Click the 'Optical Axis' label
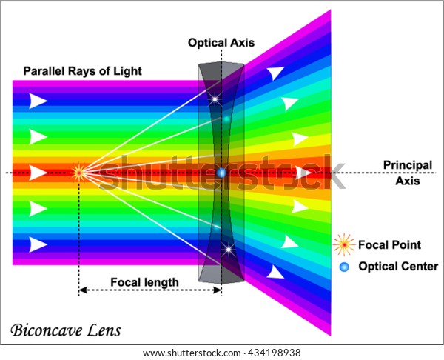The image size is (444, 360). coord(221,43)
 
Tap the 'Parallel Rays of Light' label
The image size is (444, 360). coord(82,71)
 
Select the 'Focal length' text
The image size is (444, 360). coord(144,282)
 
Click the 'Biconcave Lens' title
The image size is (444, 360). coord(66,330)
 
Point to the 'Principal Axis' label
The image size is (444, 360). coord(408,173)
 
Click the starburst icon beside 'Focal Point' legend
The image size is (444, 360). coord(344,244)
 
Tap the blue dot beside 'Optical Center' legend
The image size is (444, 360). coord(344,267)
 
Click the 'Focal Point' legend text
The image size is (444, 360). coord(389,245)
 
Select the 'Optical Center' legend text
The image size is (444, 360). coord(398,267)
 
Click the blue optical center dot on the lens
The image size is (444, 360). coord(221,173)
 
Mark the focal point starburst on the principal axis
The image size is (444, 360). coord(79,173)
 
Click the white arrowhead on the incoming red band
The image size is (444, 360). coord(38,173)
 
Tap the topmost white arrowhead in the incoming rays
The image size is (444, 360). coord(38,101)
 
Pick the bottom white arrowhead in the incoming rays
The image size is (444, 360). coord(38,244)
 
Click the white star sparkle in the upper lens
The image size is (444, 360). coord(215,99)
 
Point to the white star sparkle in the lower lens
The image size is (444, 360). coord(229,250)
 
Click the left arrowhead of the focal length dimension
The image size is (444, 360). coord(82,290)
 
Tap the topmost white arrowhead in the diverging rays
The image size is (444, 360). coord(275,73)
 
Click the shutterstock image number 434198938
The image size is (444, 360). coord(274,353)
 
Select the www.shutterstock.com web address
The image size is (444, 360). coord(192,353)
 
